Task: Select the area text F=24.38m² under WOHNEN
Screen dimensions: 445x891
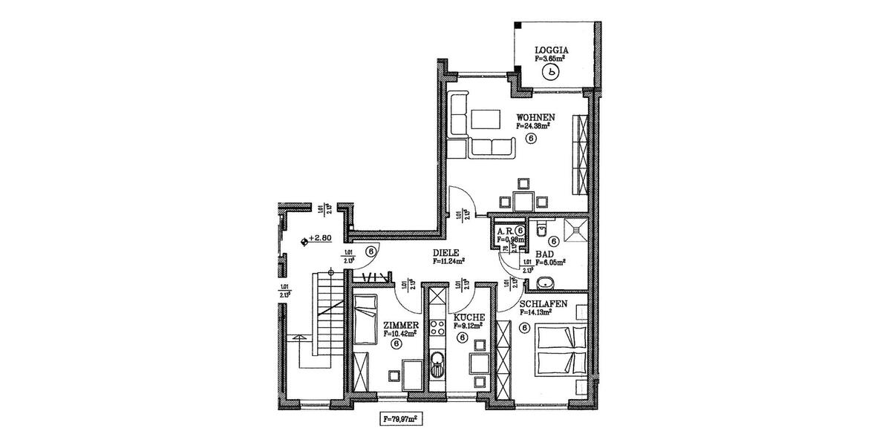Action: [x=532, y=126]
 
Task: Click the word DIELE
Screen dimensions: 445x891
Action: [x=448, y=253]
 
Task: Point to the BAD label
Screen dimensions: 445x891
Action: [x=544, y=254]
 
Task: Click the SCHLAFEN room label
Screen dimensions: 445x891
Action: [x=544, y=305]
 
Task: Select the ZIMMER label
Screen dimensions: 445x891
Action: [x=402, y=326]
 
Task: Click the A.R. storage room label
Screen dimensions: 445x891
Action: [x=506, y=231]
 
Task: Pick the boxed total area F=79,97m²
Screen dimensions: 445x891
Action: [x=404, y=419]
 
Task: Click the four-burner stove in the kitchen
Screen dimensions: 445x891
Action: [x=437, y=327]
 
